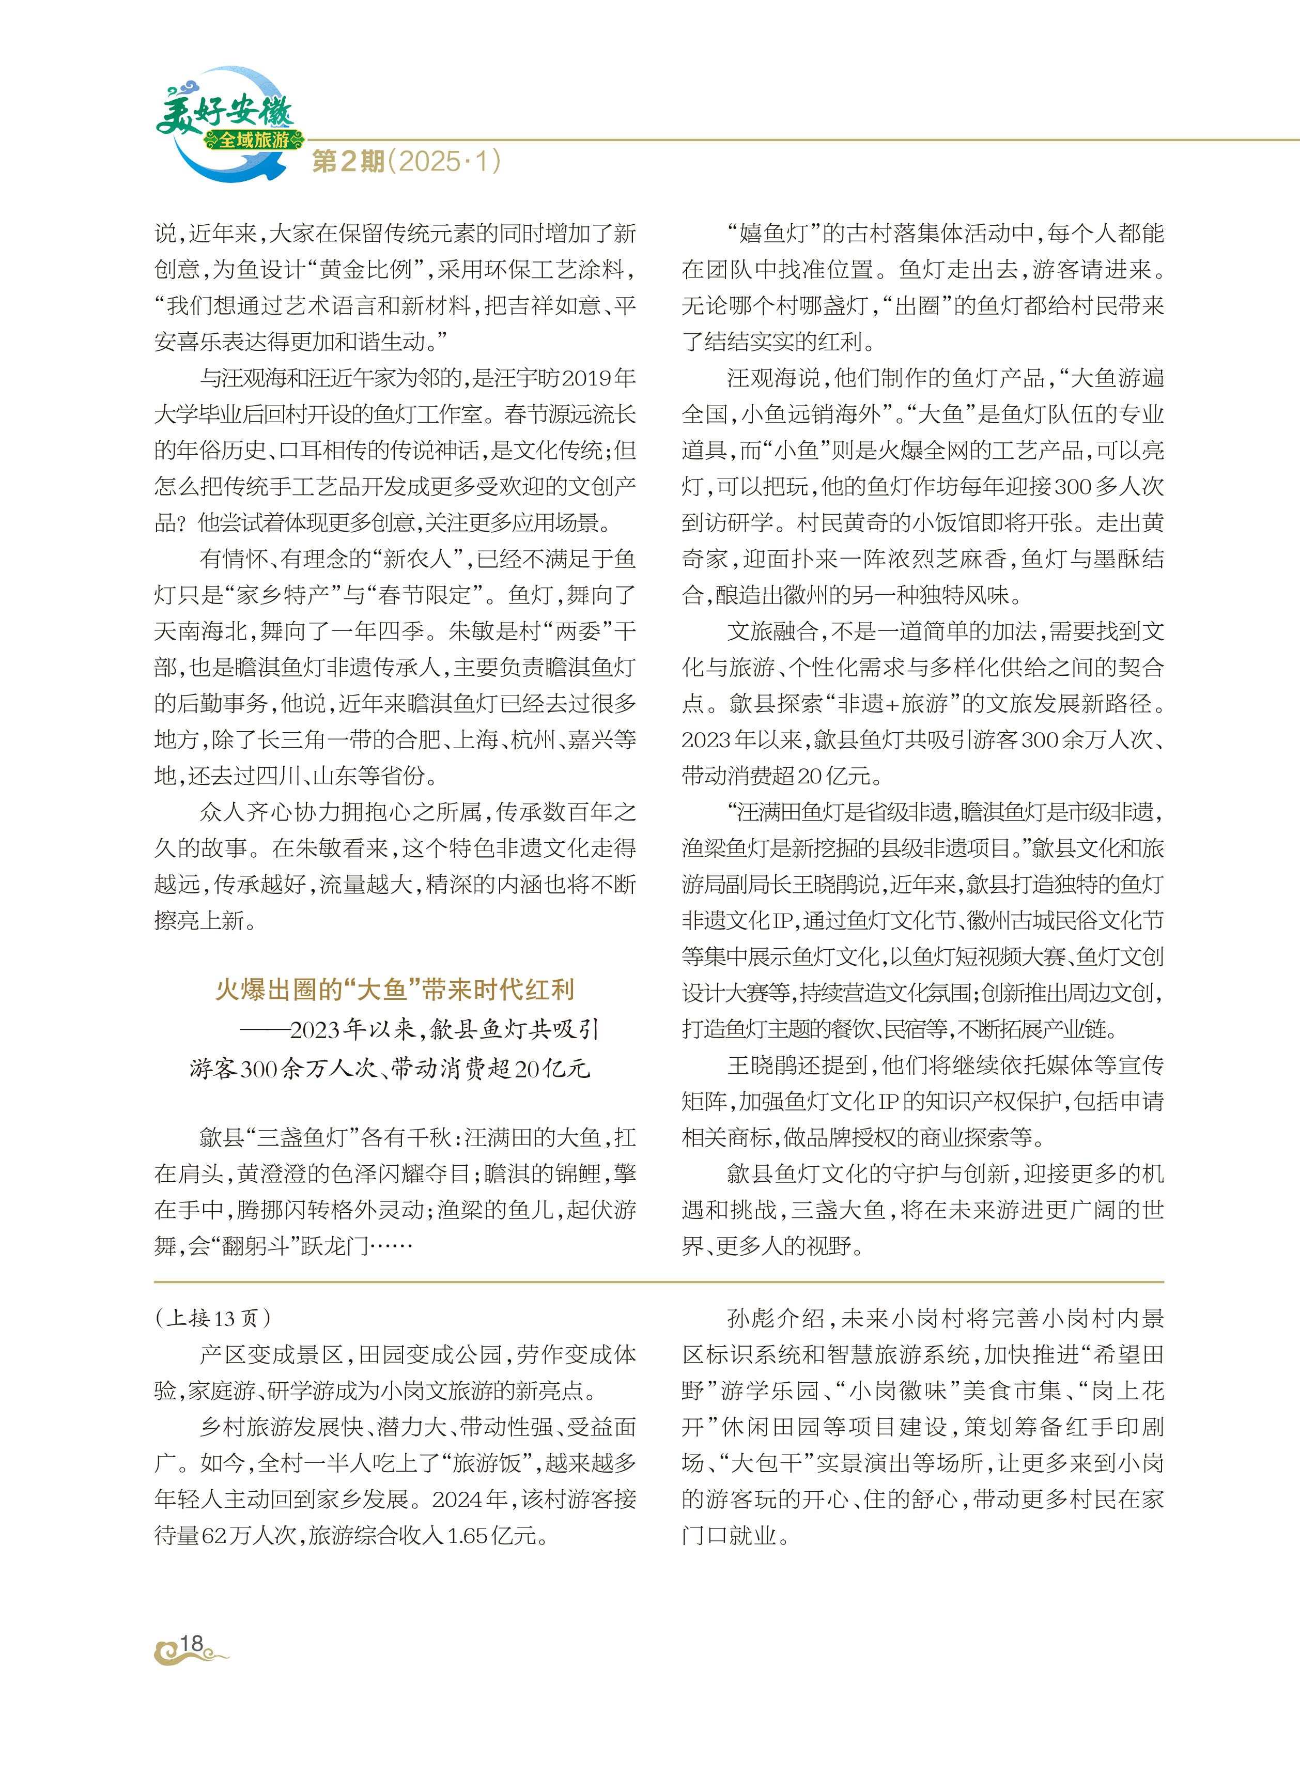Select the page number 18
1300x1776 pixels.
191,1643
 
